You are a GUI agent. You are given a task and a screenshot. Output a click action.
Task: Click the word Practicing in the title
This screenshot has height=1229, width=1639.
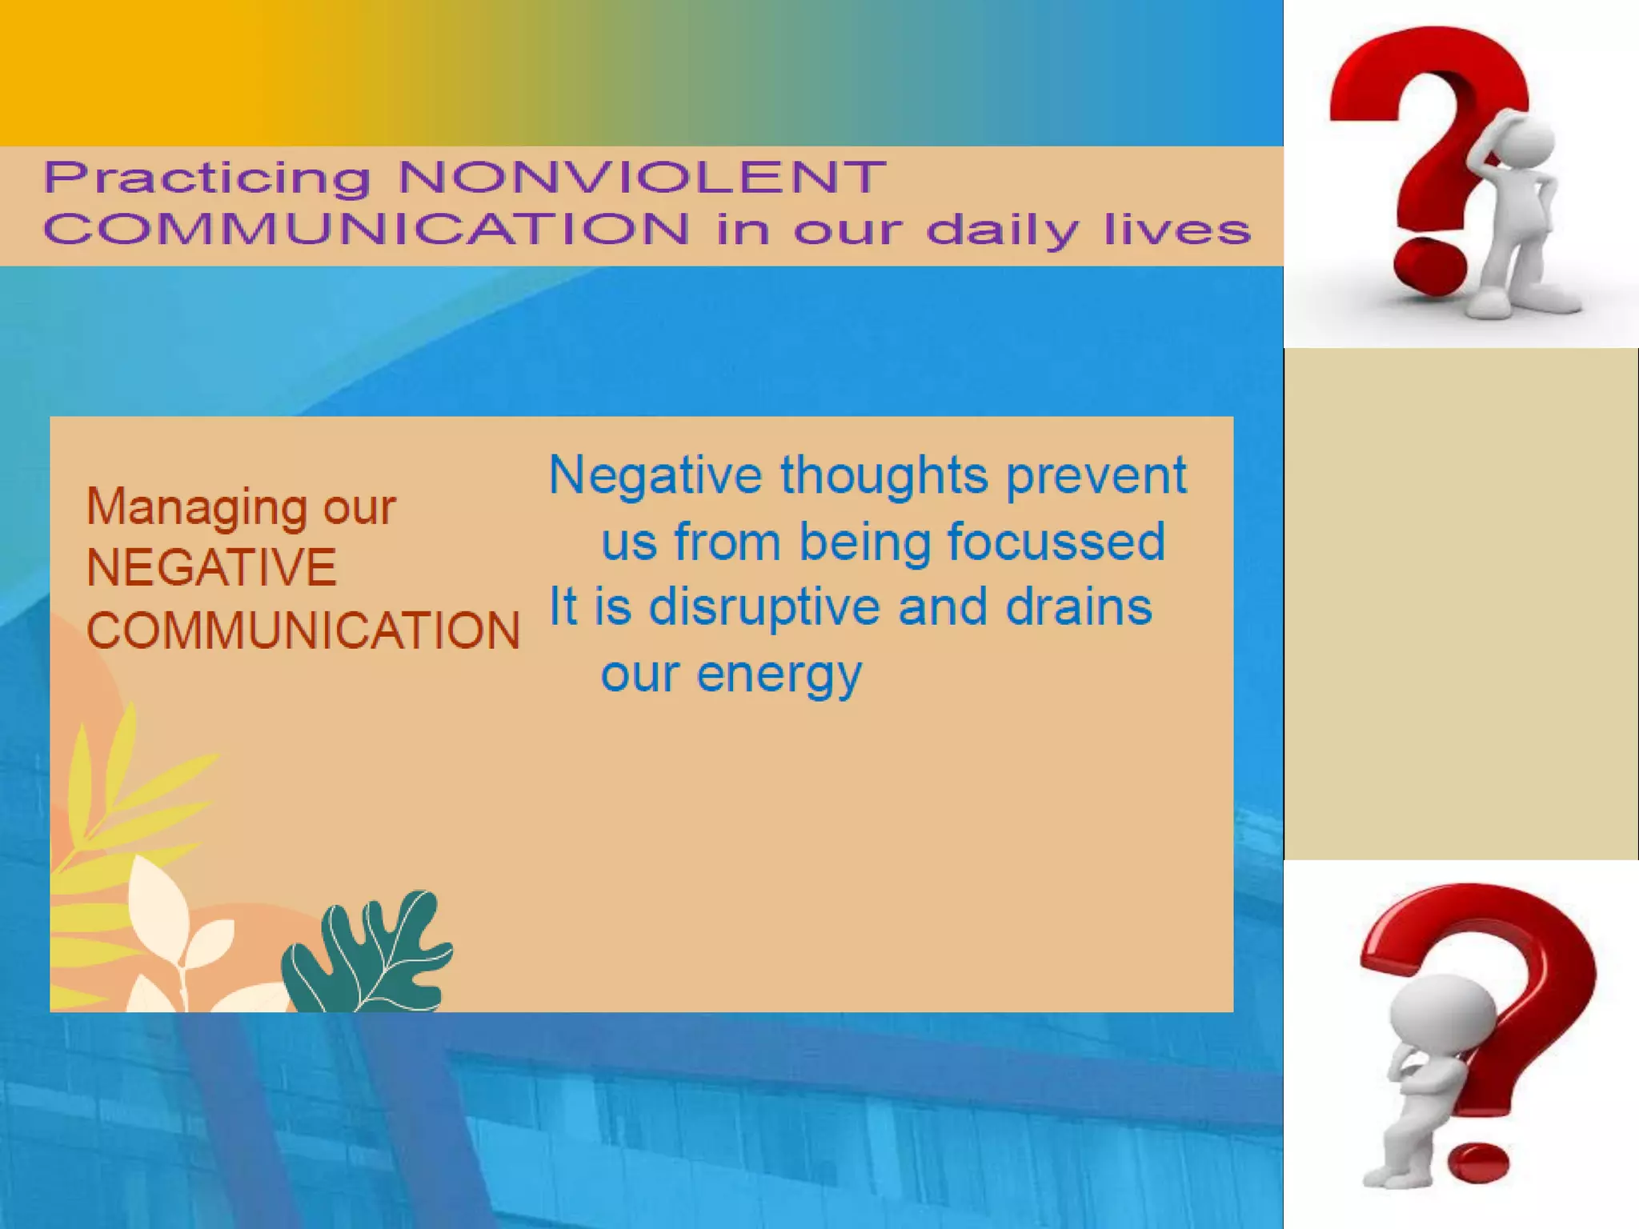pos(206,178)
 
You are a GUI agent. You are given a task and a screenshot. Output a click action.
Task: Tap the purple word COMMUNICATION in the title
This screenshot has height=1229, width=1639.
pos(366,229)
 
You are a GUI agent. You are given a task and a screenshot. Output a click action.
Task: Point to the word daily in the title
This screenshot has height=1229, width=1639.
pos(1004,231)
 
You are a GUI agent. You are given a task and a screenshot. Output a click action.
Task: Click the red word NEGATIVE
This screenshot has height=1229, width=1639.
pos(211,567)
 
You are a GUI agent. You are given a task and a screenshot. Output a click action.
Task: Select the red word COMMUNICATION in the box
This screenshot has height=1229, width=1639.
pos(303,630)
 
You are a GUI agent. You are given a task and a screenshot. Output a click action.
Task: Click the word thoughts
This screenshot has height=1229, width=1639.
pos(884,475)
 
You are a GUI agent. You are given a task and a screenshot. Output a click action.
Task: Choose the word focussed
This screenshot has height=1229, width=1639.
pos(1056,542)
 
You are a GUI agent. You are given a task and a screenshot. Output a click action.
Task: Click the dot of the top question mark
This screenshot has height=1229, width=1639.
pos(1429,265)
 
